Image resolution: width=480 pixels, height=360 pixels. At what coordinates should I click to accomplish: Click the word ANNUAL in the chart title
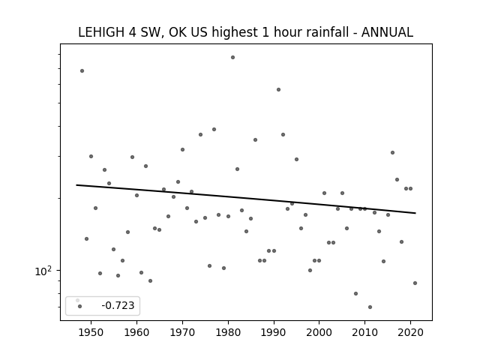[387, 32]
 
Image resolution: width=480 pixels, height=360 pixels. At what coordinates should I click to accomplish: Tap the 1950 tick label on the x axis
[91, 332]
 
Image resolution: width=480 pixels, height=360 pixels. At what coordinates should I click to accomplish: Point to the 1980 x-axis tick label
[228, 332]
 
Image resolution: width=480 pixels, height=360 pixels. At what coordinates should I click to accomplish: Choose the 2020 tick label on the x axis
[410, 332]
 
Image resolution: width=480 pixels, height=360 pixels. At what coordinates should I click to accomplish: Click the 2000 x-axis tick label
[319, 332]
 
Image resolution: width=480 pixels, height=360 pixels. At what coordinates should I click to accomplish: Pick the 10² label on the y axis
[43, 271]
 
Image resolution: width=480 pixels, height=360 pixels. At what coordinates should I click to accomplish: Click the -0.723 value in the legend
[118, 305]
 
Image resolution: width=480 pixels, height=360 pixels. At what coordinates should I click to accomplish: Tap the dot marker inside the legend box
[80, 306]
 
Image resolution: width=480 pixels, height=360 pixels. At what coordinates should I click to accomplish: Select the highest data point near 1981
[232, 57]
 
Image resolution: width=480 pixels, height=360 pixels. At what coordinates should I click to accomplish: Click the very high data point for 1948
[82, 70]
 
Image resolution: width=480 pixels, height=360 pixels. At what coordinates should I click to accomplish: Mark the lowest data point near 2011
[370, 307]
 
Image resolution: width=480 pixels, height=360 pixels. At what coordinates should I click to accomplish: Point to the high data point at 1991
[278, 90]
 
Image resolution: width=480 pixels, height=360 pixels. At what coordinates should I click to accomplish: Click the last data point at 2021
[415, 283]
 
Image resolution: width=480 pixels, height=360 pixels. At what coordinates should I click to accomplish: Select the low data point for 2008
[355, 293]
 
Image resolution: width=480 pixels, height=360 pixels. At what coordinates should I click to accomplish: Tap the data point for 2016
[392, 152]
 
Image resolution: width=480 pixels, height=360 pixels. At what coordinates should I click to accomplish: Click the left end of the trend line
[76, 185]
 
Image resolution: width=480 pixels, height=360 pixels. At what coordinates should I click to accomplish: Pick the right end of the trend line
[415, 213]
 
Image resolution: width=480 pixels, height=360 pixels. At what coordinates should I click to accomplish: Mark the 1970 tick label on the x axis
[182, 332]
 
